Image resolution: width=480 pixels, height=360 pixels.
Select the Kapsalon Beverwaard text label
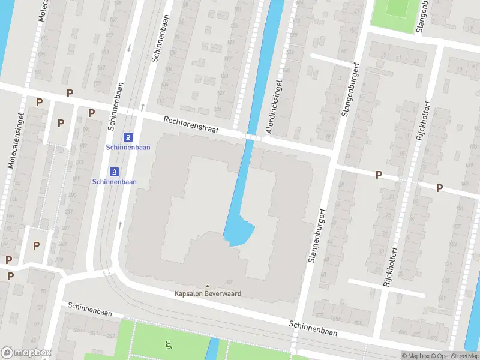tap(208, 294)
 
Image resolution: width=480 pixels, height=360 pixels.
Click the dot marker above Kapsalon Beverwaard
tap(208, 286)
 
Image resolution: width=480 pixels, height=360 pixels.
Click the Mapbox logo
tap(26, 353)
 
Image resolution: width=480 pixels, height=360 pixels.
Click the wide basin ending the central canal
tap(239, 231)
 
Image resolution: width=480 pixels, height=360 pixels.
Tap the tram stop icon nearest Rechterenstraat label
tap(128, 137)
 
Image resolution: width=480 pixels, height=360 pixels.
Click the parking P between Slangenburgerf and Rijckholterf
tap(379, 175)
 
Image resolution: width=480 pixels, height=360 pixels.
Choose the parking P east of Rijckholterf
tap(439, 188)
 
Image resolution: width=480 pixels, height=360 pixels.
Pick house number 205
tap(73, 194)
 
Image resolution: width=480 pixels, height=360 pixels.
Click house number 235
tap(77, 330)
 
